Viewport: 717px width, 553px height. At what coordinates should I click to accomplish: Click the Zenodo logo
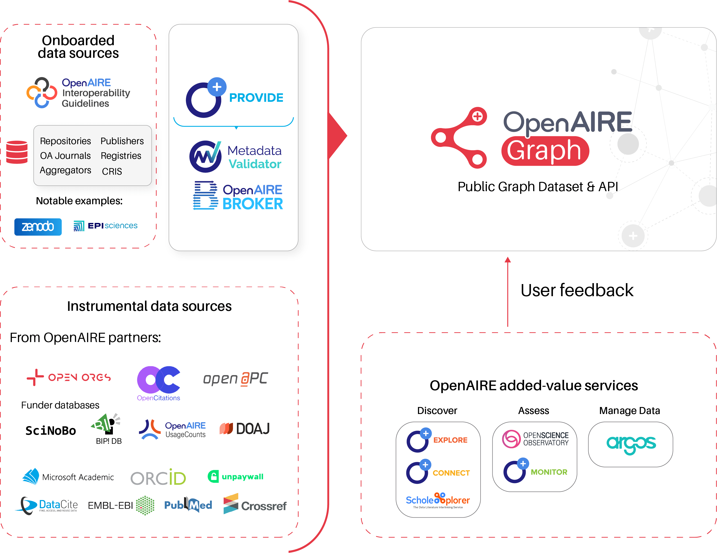point(38,227)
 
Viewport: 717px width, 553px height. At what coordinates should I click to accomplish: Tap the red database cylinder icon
point(17,152)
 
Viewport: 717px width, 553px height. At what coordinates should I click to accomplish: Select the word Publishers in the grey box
point(122,141)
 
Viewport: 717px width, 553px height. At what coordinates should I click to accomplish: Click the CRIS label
point(112,171)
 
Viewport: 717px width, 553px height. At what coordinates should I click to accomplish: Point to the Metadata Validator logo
point(235,157)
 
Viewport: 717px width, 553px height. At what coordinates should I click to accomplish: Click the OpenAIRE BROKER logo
point(238,196)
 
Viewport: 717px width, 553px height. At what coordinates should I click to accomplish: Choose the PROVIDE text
point(256,98)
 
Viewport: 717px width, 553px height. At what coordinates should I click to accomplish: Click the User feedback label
point(577,290)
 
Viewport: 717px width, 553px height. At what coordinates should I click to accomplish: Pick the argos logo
point(631,444)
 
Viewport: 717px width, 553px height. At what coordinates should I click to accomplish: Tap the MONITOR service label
point(549,472)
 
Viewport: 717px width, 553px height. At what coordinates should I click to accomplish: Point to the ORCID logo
point(158,478)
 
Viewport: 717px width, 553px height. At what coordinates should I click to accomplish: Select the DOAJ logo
point(245,428)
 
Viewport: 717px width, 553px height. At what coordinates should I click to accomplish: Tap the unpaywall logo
point(236,476)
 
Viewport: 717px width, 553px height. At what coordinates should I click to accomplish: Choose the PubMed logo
point(188,505)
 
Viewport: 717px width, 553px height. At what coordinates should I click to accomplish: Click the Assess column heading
point(533,411)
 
